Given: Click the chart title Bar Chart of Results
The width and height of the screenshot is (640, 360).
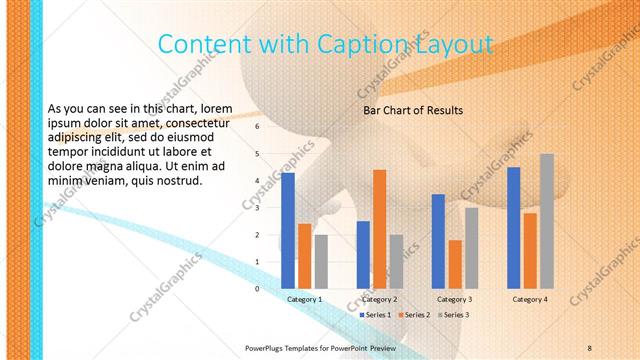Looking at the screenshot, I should click(x=412, y=110).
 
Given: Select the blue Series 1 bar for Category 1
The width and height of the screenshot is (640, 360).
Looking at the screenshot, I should click(x=288, y=231).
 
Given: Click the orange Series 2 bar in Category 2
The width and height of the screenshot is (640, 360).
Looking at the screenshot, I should click(x=379, y=229).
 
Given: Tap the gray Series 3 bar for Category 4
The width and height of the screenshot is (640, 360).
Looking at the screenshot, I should click(x=546, y=221).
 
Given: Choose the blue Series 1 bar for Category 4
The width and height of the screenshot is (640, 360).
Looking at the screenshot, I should click(x=514, y=228).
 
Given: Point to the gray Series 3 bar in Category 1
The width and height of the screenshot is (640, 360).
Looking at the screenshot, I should click(x=320, y=262).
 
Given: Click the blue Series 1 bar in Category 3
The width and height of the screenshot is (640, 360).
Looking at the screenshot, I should click(x=438, y=241).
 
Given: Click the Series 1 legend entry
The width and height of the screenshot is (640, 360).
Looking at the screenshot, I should click(x=376, y=315).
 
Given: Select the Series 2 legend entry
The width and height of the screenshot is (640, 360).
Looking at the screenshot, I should click(x=415, y=315).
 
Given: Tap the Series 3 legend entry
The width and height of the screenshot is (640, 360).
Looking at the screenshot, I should click(x=453, y=315).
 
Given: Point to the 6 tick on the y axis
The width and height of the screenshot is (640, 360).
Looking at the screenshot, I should click(x=257, y=127).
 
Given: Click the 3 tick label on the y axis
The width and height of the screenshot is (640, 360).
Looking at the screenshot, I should click(x=257, y=208).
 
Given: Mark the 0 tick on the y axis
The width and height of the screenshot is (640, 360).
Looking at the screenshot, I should click(x=257, y=289).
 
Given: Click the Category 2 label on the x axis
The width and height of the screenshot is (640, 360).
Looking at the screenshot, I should click(x=379, y=299).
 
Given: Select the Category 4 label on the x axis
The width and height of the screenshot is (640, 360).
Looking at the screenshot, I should click(x=530, y=299).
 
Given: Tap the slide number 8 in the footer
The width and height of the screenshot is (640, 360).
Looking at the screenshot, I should click(x=590, y=347).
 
